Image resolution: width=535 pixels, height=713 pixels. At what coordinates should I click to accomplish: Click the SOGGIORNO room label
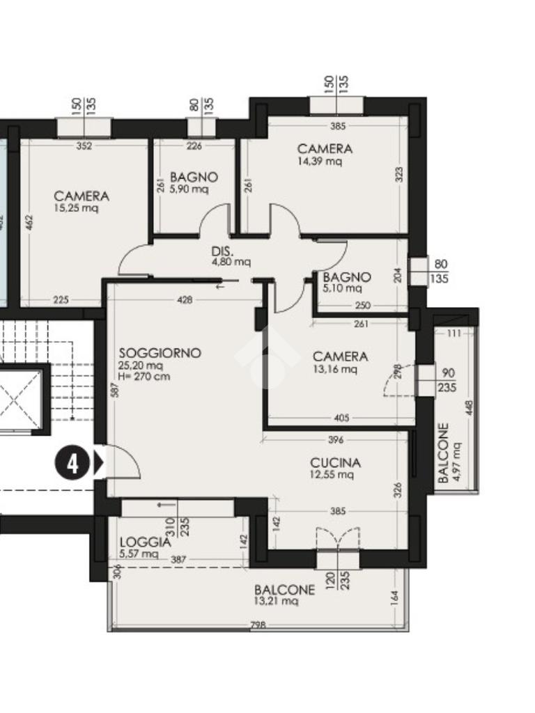[160, 353]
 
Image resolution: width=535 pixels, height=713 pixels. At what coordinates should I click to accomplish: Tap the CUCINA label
[335, 463]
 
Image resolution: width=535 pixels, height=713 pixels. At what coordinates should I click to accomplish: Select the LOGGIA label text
[146, 542]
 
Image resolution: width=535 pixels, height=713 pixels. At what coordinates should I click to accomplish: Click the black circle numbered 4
[72, 464]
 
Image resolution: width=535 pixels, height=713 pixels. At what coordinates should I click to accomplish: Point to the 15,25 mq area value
[76, 208]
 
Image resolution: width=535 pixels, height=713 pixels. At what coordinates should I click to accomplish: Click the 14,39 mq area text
[319, 161]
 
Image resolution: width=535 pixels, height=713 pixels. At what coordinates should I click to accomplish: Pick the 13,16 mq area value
[335, 369]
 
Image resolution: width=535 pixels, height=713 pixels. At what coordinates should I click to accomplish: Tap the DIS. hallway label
[222, 251]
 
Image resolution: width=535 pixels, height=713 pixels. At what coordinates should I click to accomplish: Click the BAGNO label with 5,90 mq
[194, 177]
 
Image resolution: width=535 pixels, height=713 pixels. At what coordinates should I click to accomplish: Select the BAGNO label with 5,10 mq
[347, 277]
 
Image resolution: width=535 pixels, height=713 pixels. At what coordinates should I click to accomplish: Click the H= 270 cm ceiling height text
[144, 377]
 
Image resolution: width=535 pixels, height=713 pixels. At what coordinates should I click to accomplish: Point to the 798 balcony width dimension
[258, 625]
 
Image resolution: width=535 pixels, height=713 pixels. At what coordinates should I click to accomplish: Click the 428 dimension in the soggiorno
[185, 299]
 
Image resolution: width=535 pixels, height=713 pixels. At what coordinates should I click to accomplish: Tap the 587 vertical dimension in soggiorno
[115, 390]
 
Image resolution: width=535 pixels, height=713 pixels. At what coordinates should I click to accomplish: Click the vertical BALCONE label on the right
[444, 453]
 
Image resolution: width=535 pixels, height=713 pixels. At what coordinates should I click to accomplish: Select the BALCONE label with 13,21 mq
[284, 590]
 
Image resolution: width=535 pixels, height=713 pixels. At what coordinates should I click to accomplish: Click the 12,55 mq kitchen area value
[332, 475]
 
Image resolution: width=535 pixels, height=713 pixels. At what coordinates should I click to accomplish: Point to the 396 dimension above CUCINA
[335, 440]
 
